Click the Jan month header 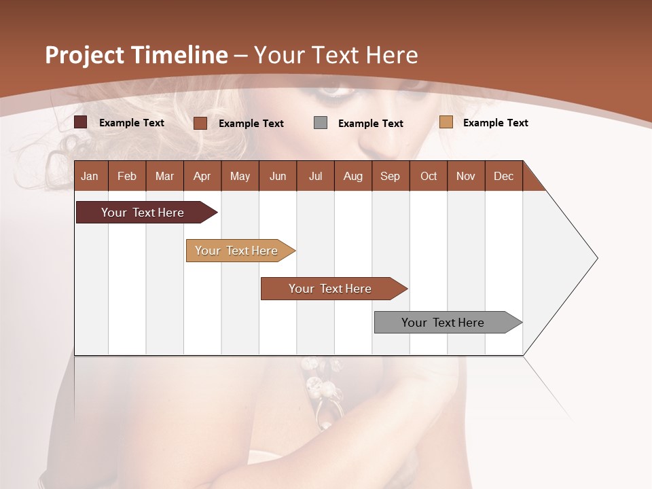pos(90,176)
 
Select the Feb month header pos(127,176)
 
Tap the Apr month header pos(202,176)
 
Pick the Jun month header pos(278,176)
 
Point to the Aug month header pos(352,176)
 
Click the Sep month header pos(390,176)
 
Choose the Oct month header pos(429,176)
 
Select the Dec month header pos(503,176)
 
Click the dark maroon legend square pos(81,122)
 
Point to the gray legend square pos(321,123)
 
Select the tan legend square pos(446,122)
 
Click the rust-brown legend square pos(200,123)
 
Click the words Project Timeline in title pos(137,55)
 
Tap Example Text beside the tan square pos(495,123)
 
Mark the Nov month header pos(466,176)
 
